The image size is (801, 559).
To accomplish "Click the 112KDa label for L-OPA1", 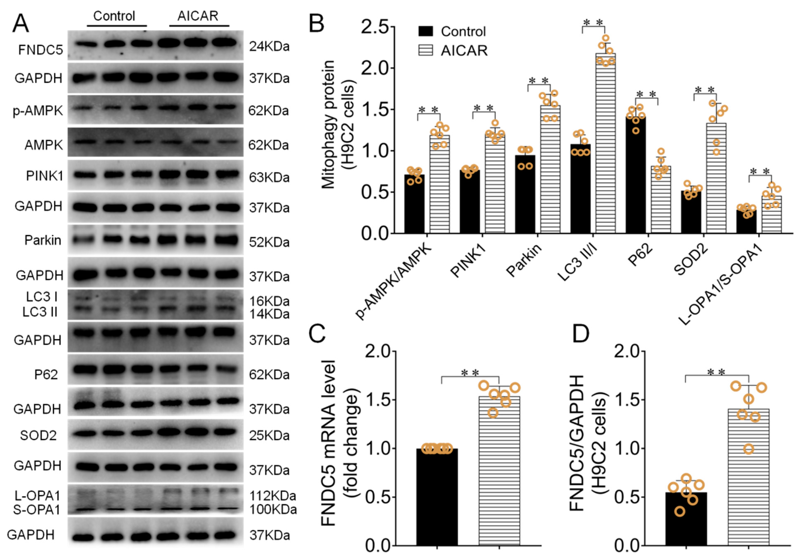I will click(272, 496).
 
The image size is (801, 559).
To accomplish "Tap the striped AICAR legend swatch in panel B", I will click(425, 51).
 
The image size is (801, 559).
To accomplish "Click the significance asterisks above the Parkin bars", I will click(539, 81).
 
